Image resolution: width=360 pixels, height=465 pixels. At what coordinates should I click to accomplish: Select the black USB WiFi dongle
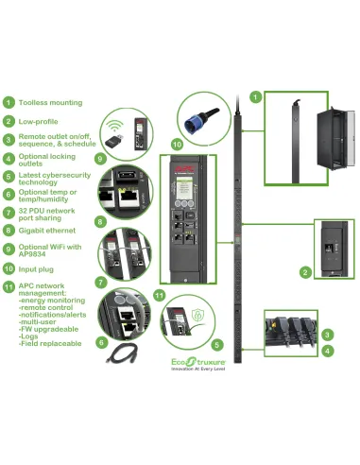[x=112, y=141]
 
